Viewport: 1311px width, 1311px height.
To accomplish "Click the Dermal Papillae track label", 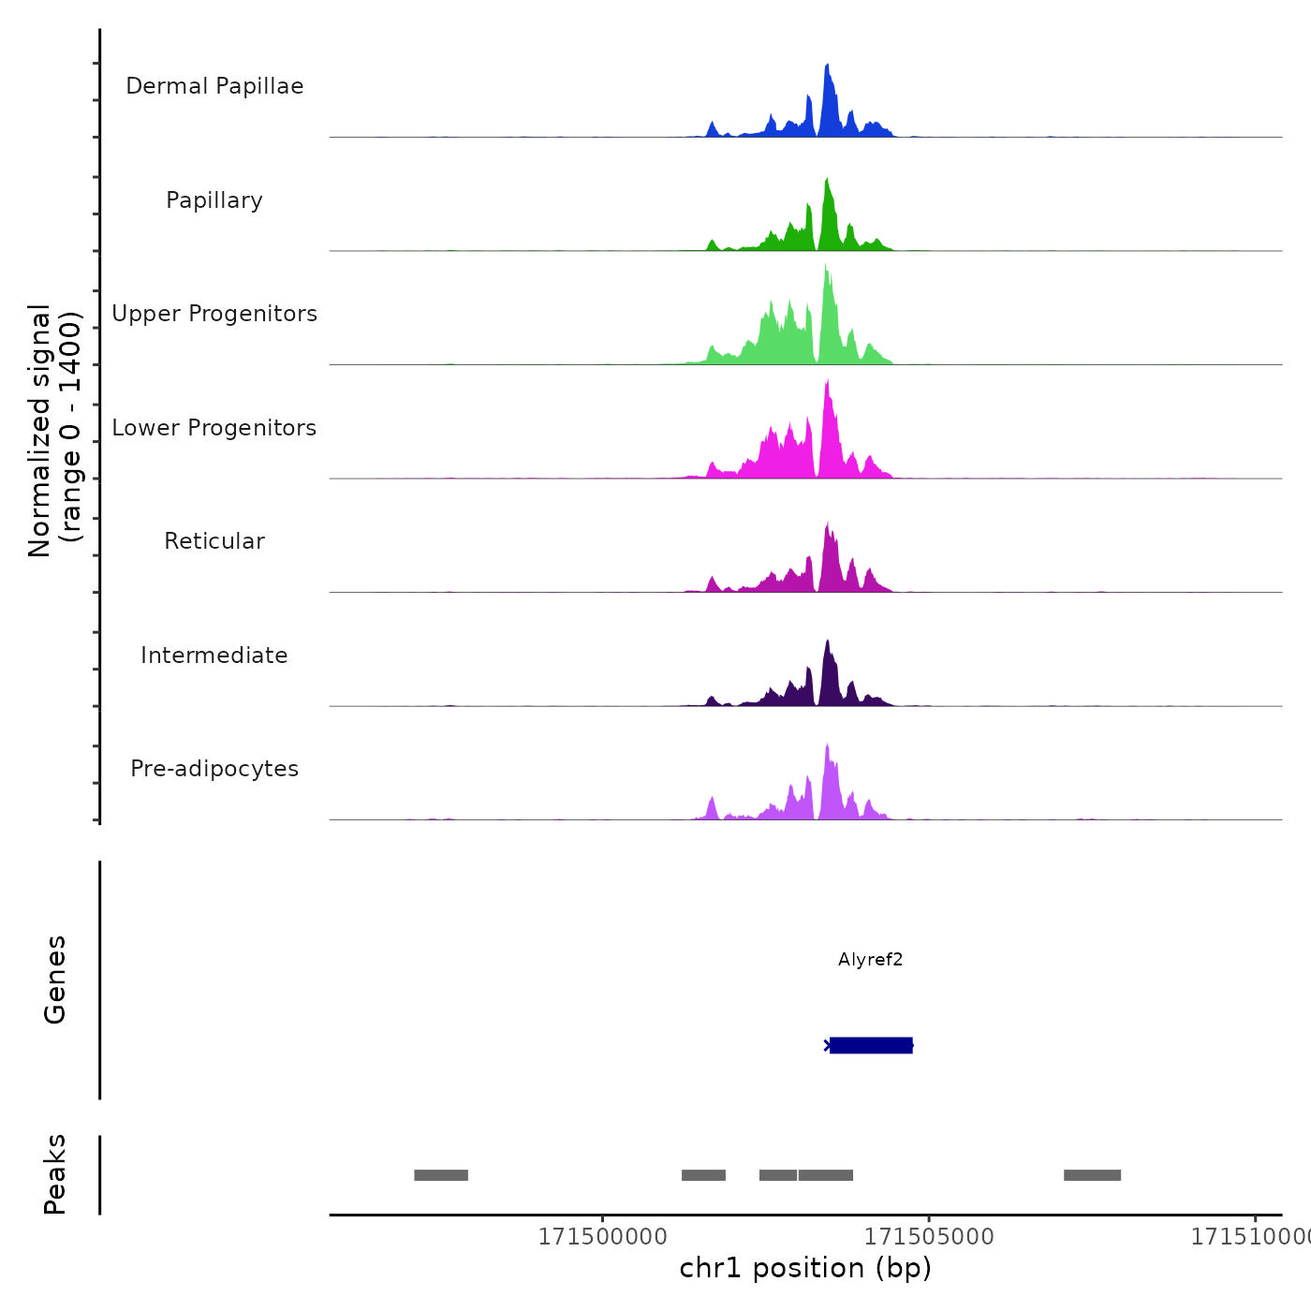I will tap(214, 86).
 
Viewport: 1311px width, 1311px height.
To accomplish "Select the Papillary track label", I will tap(214, 200).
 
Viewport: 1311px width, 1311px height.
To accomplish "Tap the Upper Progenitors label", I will tap(214, 314).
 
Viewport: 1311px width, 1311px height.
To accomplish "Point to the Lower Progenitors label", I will tap(214, 428).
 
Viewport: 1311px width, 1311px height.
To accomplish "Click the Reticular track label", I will tap(214, 541).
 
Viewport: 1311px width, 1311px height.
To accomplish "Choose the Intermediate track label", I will tap(214, 655).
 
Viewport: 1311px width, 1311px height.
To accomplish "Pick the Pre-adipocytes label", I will tap(214, 769).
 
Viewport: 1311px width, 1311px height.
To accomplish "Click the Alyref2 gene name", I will tap(870, 960).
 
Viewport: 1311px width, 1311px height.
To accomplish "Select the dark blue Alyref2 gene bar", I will tap(871, 1045).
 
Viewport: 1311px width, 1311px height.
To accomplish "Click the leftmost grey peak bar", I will tap(441, 1175).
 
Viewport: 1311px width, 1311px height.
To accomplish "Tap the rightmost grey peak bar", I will tap(1092, 1175).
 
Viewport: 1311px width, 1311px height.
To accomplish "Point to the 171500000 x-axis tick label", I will tap(603, 1237).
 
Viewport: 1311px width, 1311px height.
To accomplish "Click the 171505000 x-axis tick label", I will tap(929, 1237).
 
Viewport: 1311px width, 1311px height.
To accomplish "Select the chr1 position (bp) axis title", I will tap(805, 1268).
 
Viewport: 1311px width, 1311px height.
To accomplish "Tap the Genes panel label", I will tap(55, 980).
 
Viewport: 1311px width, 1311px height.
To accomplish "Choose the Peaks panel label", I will tap(55, 1174).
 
